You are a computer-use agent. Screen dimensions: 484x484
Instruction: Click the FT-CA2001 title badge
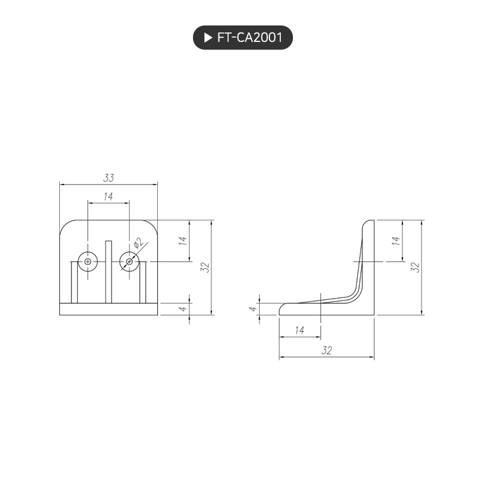(243, 38)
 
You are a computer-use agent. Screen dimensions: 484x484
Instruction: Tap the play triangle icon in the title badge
(208, 38)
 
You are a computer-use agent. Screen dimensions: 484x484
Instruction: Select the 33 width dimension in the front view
(108, 178)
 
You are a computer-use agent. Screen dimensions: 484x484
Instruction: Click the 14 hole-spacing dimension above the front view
(108, 197)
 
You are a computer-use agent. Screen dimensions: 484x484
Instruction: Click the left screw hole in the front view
(87, 261)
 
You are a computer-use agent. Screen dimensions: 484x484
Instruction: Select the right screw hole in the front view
(129, 261)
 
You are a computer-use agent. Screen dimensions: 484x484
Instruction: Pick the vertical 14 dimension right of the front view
(183, 241)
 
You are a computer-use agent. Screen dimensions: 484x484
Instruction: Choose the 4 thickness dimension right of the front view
(183, 308)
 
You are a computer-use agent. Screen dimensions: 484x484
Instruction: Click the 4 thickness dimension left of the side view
(253, 308)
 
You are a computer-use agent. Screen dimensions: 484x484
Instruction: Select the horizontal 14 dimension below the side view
(299, 331)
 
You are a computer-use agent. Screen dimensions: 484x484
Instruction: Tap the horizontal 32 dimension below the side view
(327, 350)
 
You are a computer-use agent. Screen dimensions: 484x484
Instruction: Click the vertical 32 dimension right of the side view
(415, 267)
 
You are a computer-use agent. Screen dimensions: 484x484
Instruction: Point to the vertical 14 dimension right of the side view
(395, 241)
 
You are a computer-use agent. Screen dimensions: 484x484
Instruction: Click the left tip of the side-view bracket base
(281, 311)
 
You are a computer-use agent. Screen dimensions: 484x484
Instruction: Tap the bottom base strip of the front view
(108, 309)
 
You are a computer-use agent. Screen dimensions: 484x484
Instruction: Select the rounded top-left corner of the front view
(66, 226)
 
